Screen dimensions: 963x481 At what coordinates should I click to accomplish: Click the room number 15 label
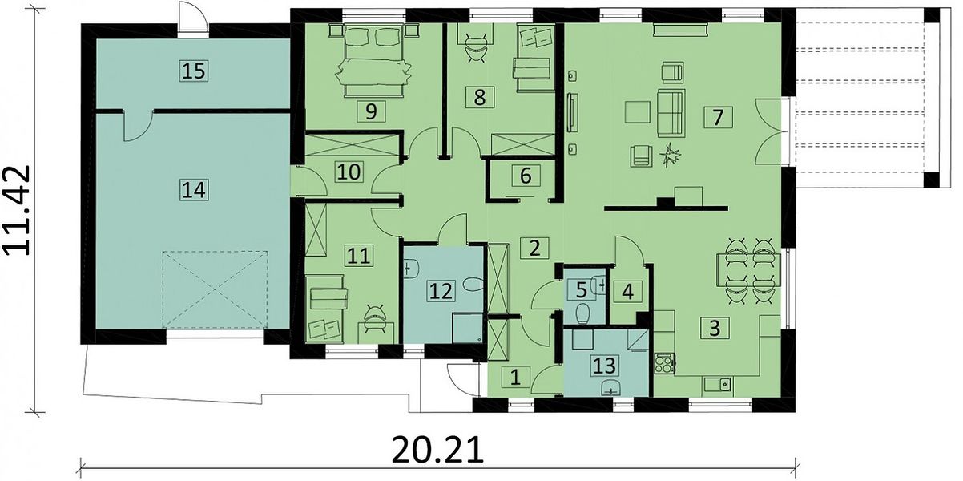point(194,71)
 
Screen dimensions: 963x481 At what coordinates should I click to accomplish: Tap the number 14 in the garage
point(194,190)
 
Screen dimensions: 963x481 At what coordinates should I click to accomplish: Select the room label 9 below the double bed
point(371,111)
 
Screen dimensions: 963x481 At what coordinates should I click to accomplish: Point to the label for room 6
point(526,176)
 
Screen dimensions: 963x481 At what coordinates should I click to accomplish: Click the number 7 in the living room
point(718,117)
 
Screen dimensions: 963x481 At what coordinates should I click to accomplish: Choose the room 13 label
point(604,366)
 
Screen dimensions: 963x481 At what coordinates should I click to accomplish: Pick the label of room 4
point(627,292)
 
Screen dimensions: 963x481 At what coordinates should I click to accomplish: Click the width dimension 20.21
point(437,450)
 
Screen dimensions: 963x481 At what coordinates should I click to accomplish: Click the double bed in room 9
point(373,59)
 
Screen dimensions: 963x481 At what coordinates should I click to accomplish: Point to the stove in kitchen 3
point(664,363)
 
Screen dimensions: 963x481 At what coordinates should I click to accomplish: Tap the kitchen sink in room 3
point(718,384)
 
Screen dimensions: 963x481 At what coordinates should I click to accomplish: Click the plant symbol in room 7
point(671,156)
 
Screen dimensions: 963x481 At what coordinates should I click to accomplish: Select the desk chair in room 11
point(375,319)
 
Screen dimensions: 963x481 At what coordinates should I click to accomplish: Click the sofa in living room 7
point(671,114)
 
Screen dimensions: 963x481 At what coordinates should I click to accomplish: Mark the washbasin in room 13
point(610,388)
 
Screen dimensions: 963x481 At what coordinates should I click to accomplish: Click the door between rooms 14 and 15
point(139,125)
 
